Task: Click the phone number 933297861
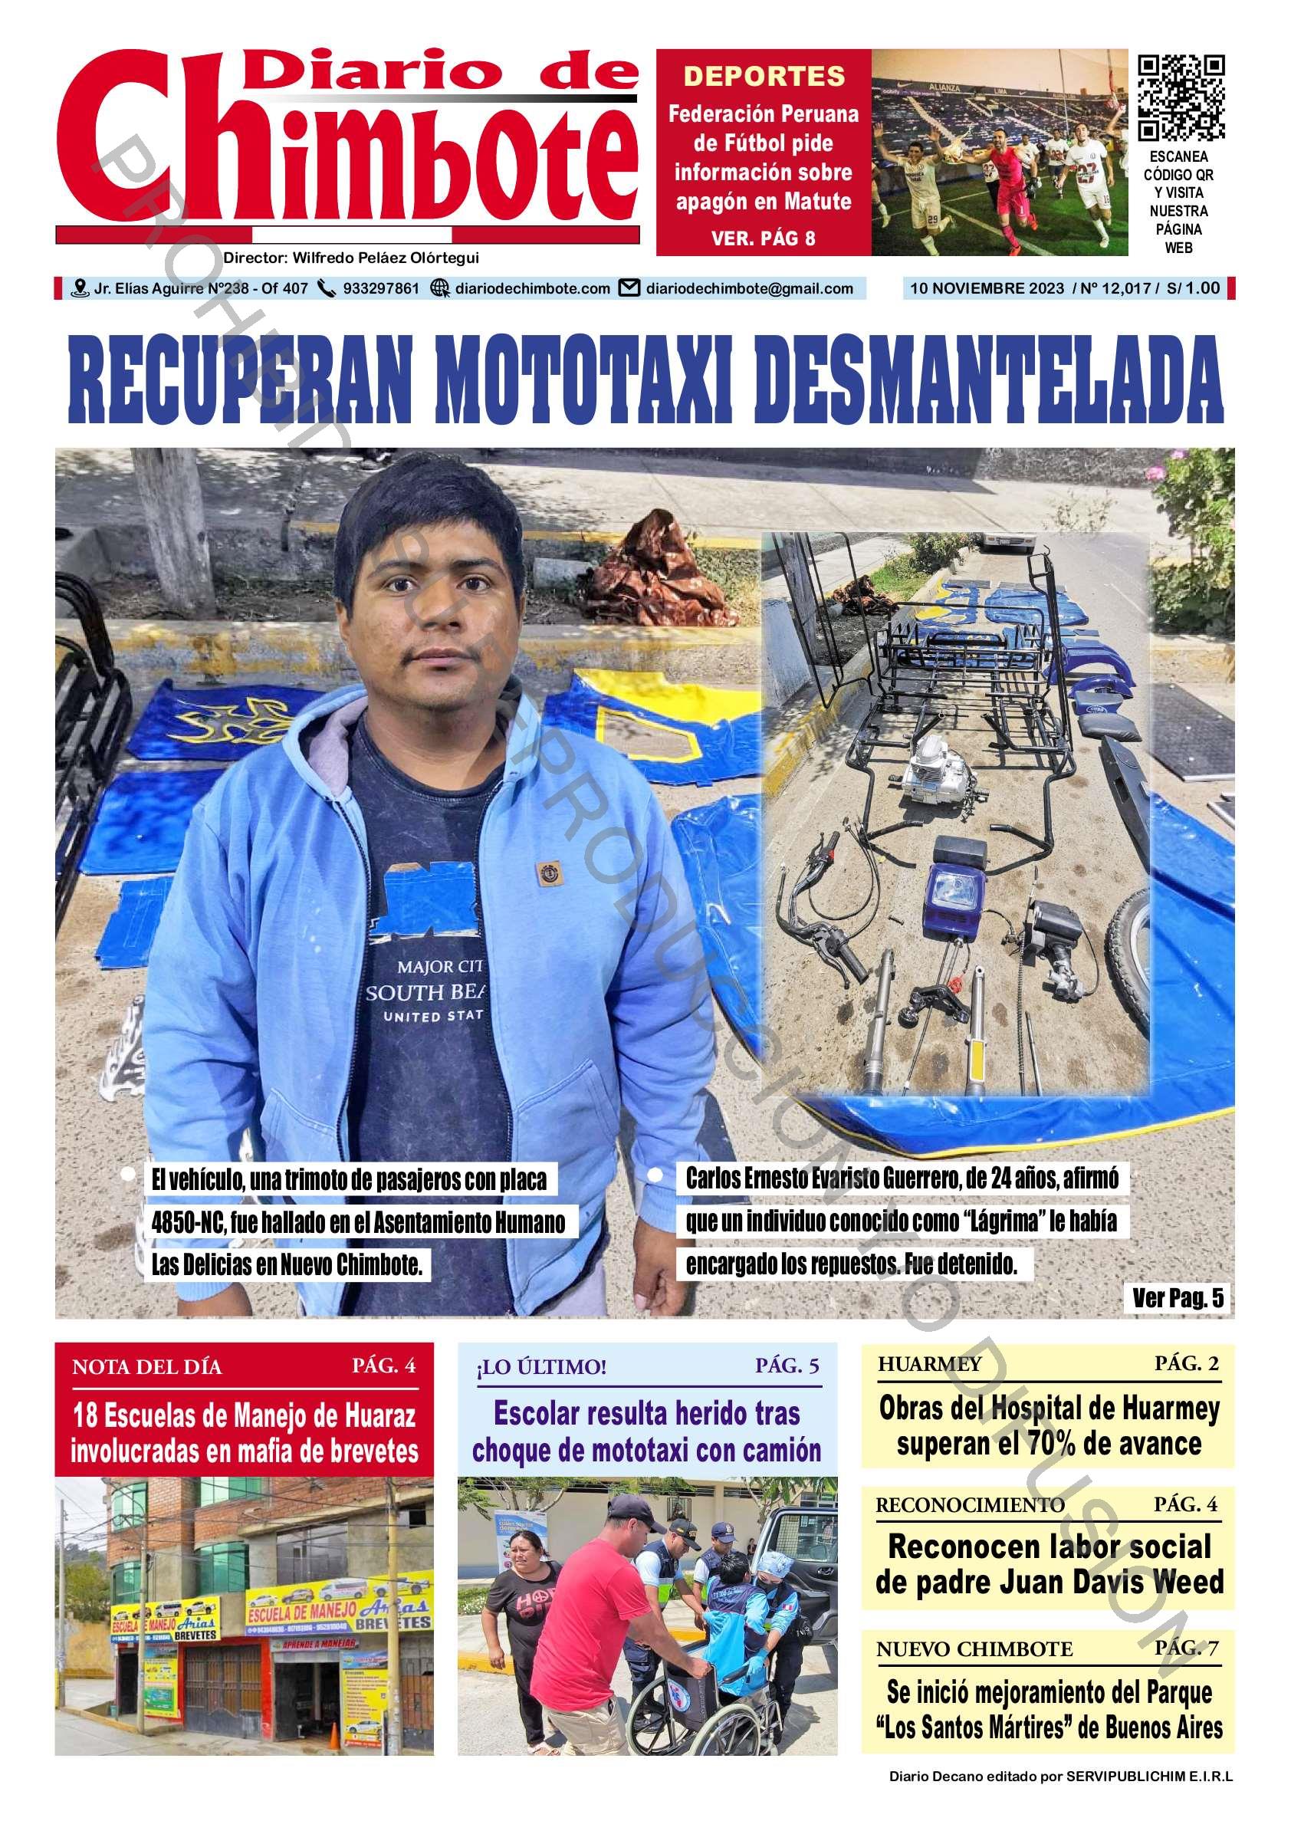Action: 381,288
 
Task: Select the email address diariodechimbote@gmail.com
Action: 749,288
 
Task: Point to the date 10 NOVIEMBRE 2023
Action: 987,288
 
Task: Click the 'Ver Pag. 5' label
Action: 1178,1298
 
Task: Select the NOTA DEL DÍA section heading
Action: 147,1367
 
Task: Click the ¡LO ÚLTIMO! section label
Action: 540,1367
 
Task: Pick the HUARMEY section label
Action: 929,1365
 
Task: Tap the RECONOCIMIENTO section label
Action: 970,1504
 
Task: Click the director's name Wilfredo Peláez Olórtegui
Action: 386,258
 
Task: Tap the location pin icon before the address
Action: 80,288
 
